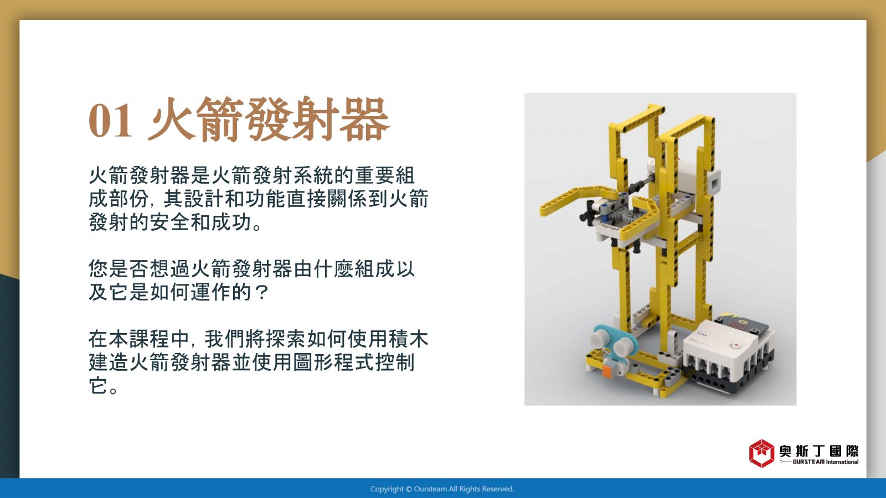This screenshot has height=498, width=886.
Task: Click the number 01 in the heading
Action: coord(110,121)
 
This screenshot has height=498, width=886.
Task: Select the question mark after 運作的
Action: coord(261,293)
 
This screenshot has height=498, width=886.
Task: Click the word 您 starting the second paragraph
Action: coord(98,269)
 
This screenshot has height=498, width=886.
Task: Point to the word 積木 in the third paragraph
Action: coord(409,339)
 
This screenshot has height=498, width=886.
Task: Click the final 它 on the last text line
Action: coord(98,385)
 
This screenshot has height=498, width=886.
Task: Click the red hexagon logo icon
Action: coord(761,453)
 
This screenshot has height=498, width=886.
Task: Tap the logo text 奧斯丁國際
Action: coord(819,451)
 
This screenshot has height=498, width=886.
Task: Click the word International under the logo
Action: coord(842,462)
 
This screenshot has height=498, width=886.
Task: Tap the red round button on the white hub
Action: coord(736,345)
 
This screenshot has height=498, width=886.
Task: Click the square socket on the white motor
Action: coord(715,182)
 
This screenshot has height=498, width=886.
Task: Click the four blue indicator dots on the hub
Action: coord(702,334)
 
